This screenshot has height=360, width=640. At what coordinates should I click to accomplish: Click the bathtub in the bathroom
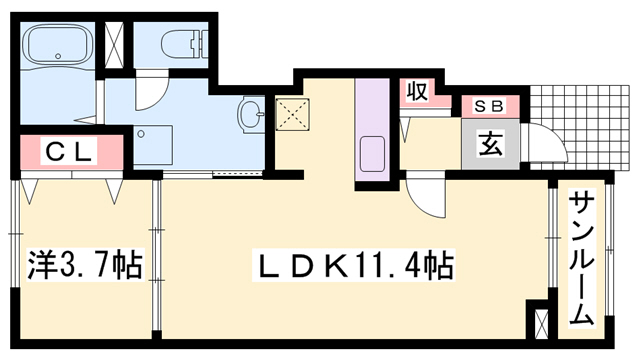coord(58,44)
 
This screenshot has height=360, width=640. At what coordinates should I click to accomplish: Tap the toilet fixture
coord(185,42)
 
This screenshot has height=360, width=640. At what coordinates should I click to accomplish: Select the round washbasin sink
coord(251,114)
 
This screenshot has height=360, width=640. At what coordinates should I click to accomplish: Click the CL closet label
coord(68,152)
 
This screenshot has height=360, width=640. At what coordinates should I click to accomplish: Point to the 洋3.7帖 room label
coord(84,265)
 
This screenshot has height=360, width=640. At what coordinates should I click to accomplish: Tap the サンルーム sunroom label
coord(581,258)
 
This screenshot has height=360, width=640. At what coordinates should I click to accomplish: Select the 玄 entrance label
coord(490,144)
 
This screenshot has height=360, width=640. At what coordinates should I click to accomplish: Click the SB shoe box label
coord(490,106)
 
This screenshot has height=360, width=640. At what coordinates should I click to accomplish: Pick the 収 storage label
coord(418,92)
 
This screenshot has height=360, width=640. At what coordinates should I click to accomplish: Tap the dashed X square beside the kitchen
coord(292,114)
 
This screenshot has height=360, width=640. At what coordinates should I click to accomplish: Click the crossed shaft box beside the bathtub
coord(113,44)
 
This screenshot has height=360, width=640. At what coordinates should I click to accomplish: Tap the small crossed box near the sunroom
coord(542,324)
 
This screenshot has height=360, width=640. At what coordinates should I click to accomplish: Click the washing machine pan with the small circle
coord(153,145)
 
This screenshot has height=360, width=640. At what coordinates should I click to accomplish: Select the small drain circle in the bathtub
coord(58,56)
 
